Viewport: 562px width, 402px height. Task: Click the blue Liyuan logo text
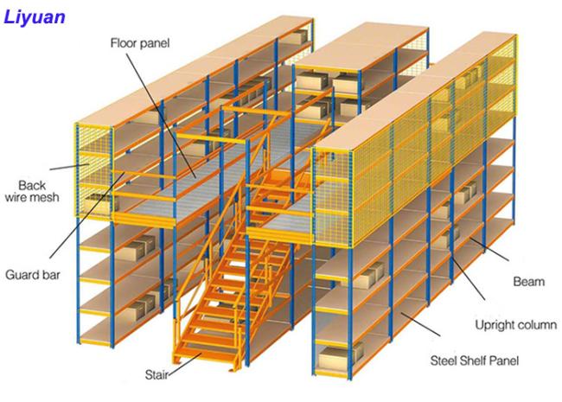point(35,16)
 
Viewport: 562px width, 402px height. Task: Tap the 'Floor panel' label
point(140,43)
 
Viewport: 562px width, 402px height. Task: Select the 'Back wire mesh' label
point(32,191)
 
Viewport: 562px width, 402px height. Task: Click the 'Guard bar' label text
point(33,275)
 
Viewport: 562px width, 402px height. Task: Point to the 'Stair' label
point(156,375)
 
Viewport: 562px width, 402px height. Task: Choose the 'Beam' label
point(528,281)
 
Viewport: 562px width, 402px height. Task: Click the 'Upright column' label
point(516,325)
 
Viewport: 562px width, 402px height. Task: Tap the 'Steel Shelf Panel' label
point(475,361)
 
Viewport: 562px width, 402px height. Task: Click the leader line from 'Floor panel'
point(161,116)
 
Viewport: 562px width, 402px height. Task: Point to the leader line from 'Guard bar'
point(87,215)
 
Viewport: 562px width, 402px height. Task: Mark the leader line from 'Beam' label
point(489,249)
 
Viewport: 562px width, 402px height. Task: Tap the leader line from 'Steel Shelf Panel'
point(420,324)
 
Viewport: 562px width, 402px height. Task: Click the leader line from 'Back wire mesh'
point(69,167)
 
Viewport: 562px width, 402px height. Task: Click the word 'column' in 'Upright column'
point(535,325)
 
